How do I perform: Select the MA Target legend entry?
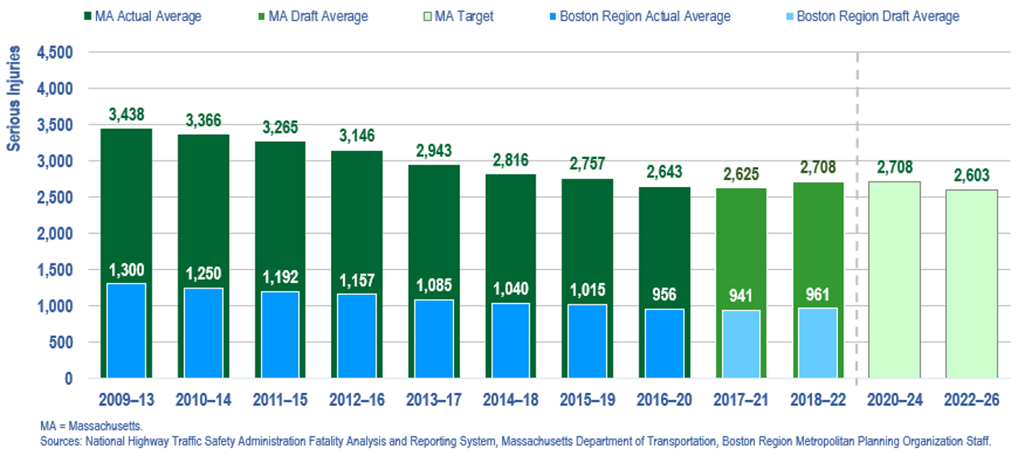coord(457,16)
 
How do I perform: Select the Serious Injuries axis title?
coord(14,99)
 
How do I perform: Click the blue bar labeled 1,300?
coord(126,330)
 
